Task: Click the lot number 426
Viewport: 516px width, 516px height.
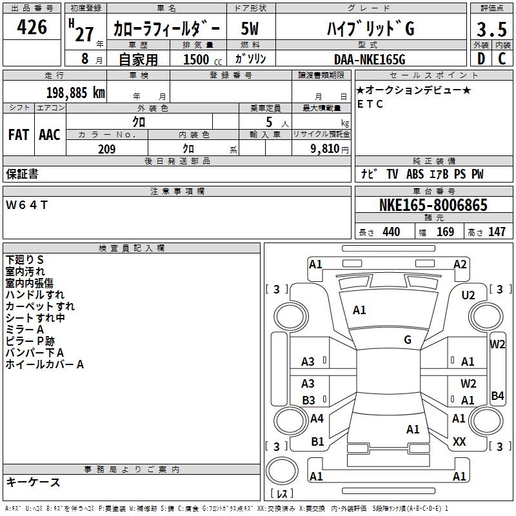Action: pyautogui.click(x=33, y=27)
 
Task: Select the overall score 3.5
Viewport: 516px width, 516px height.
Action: pyautogui.click(x=491, y=29)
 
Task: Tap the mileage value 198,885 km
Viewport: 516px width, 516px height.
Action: pyautogui.click(x=75, y=93)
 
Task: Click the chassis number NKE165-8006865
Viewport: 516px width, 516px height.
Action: pyautogui.click(x=433, y=205)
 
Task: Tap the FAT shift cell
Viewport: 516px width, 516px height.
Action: pyautogui.click(x=19, y=135)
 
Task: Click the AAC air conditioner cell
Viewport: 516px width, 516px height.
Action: pyautogui.click(x=50, y=135)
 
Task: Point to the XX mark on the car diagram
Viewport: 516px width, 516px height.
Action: pyautogui.click(x=459, y=442)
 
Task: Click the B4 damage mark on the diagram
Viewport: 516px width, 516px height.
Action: pyautogui.click(x=497, y=396)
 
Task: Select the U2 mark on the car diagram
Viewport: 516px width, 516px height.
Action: pyautogui.click(x=468, y=295)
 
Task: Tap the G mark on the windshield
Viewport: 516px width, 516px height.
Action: pyautogui.click(x=408, y=340)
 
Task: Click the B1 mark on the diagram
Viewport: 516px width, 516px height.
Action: pyautogui.click(x=317, y=442)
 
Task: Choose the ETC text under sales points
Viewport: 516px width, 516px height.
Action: pyautogui.click(x=370, y=104)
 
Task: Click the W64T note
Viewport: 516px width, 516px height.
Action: pyautogui.click(x=26, y=205)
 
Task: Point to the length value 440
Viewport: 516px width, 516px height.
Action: pyautogui.click(x=391, y=232)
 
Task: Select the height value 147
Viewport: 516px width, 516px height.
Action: pyautogui.click(x=497, y=232)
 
